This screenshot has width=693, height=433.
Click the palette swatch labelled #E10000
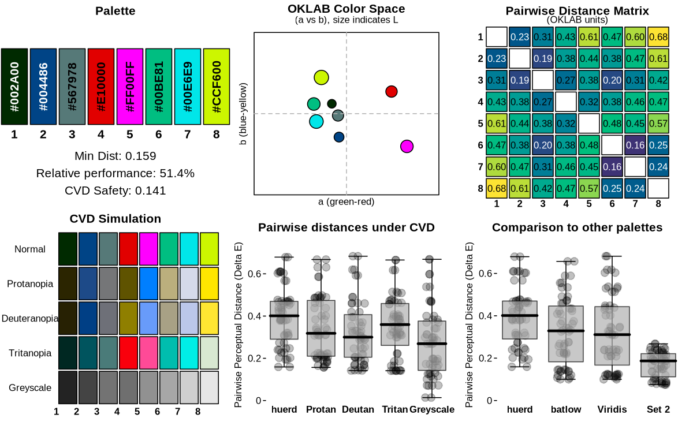pyautogui.click(x=101, y=87)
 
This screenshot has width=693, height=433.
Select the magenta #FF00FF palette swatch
pyautogui.click(x=130, y=87)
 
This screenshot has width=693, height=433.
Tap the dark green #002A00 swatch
pyautogui.click(x=14, y=87)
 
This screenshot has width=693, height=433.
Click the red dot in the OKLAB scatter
pyautogui.click(x=392, y=91)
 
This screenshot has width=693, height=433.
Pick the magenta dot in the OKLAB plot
pyautogui.click(x=407, y=146)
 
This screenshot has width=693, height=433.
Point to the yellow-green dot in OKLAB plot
pyautogui.click(x=322, y=77)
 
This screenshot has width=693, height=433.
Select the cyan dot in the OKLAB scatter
pyautogui.click(x=316, y=121)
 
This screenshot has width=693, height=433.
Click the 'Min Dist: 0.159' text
pyautogui.click(x=115, y=156)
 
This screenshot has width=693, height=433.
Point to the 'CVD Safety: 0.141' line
pyautogui.click(x=115, y=191)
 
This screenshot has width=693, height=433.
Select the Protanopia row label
pyautogui.click(x=30, y=284)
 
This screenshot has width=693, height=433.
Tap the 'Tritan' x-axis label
pyautogui.click(x=395, y=410)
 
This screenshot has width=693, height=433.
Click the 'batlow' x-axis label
pyautogui.click(x=566, y=410)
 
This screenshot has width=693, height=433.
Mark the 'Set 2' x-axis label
pyautogui.click(x=658, y=410)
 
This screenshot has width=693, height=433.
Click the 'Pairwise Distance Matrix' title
pyautogui.click(x=577, y=11)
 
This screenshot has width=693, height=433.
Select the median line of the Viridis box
pyautogui.click(x=612, y=334)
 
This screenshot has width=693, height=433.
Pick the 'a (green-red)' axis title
pyautogui.click(x=346, y=201)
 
